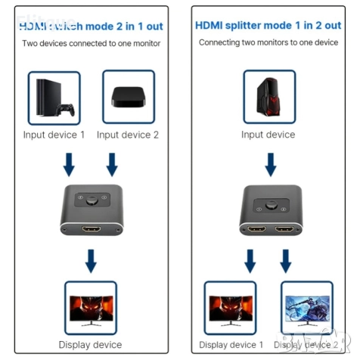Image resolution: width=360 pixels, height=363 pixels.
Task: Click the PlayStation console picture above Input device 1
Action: tap(54, 98)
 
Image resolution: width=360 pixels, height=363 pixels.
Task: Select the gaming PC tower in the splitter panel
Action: tap(268, 98)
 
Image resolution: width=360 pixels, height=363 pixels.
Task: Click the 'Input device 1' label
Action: tap(54, 135)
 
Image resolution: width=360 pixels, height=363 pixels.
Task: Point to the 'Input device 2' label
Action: tap(128, 135)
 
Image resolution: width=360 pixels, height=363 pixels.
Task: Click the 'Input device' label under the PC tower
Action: tap(268, 135)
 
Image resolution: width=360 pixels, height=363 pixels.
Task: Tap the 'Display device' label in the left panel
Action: tap(90, 345)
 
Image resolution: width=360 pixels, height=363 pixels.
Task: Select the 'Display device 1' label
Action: tap(231, 345)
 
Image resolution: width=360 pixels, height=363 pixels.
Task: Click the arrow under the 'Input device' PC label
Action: tap(269, 164)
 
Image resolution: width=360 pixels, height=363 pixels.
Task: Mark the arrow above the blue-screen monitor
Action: tap(286, 262)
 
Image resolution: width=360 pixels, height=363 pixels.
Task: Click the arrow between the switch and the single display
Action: tap(91, 262)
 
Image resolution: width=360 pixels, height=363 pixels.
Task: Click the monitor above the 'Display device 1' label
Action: tap(231, 307)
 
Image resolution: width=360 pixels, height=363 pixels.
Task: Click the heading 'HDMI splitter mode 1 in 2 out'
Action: tap(268, 25)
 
